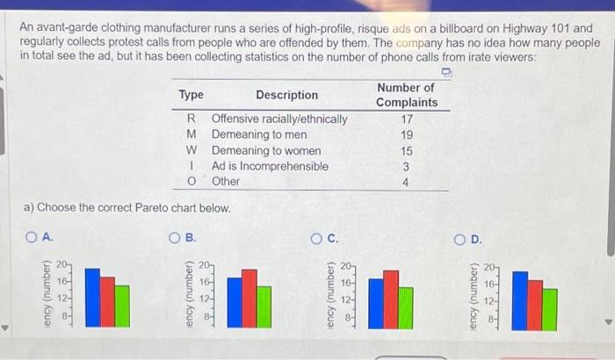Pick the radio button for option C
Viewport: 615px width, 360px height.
point(315,238)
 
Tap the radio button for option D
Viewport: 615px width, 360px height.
point(459,238)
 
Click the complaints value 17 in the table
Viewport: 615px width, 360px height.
point(406,119)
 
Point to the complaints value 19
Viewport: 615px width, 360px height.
point(406,134)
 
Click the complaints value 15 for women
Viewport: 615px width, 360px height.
point(406,150)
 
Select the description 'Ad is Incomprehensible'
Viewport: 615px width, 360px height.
point(270,166)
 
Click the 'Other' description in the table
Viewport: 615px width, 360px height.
point(226,181)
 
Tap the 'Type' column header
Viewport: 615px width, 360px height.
point(191,95)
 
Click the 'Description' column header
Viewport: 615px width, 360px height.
point(286,95)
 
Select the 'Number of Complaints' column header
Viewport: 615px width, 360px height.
point(405,95)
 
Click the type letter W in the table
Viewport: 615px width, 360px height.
point(191,150)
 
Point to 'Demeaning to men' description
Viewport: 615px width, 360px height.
point(259,134)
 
